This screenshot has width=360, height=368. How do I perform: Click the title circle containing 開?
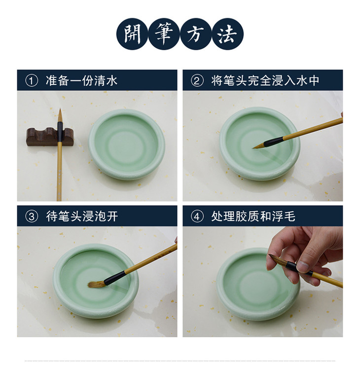coord(132,34)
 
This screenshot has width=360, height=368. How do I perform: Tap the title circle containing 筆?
coord(164,34)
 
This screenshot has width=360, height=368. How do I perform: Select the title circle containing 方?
coord(196,34)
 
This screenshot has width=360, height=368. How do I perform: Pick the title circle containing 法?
coord(227,34)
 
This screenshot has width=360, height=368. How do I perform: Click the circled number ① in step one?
coord(32,81)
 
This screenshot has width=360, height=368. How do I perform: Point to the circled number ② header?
coord(197,81)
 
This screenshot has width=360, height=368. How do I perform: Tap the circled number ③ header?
coord(32,217)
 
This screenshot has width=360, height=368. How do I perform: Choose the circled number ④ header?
coord(197,217)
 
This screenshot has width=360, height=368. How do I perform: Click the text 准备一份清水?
coord(81,81)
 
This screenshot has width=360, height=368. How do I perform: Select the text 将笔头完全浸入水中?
coord(265,81)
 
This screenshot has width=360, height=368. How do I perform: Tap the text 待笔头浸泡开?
coord(81,217)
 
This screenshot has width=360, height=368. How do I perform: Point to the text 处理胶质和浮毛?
coord(253,217)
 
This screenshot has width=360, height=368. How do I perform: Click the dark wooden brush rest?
coord(50,137)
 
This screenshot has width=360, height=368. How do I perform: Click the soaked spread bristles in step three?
coord(96,284)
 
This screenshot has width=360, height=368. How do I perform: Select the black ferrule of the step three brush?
coord(114,278)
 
